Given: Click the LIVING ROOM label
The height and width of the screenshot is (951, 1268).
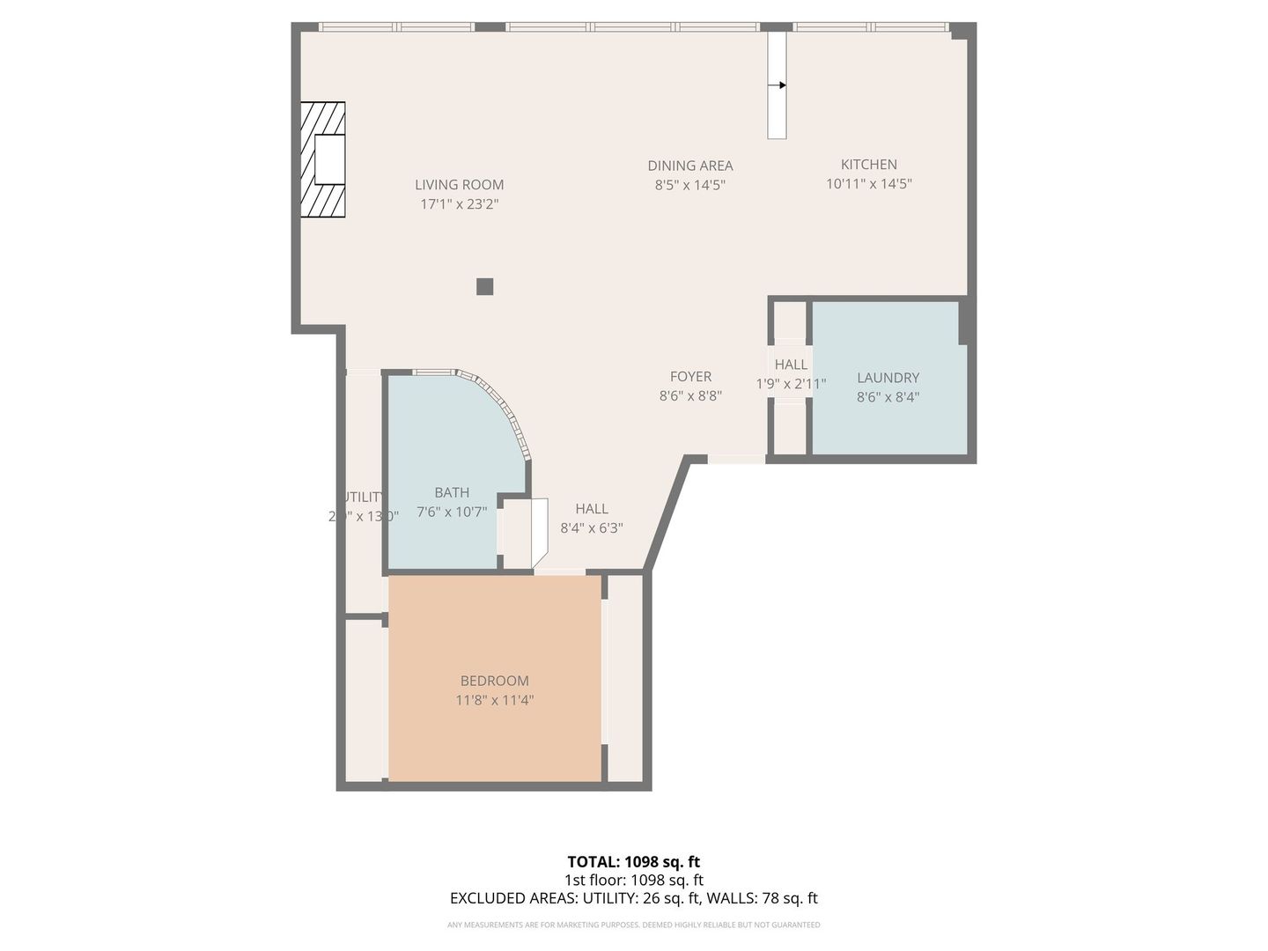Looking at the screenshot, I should point(459,185).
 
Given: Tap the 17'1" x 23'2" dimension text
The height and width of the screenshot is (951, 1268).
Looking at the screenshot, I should point(459,204).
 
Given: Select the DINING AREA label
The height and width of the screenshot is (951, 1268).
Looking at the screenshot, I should point(689,166).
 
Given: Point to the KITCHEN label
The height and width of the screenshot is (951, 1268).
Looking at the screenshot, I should point(868,165).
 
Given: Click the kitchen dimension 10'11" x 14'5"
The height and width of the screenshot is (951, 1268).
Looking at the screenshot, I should point(868,184).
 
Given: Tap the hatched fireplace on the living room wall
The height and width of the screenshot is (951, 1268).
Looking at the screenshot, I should point(322,159).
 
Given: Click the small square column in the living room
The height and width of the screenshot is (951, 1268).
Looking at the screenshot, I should point(484,286).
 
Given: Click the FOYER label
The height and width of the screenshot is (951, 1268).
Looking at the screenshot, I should point(690,377).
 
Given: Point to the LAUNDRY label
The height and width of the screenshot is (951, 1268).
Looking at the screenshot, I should point(888,378).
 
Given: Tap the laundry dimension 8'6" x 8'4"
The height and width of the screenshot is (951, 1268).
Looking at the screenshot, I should point(888,397).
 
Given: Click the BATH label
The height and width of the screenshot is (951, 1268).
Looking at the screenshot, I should point(452,493).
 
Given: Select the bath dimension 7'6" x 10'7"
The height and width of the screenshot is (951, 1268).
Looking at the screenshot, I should point(452,512).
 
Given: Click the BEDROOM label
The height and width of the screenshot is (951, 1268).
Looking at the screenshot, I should point(494,681).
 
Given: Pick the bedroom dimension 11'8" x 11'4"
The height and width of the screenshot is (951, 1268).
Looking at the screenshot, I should point(494,701).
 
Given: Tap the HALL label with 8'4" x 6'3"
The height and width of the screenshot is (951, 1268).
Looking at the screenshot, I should point(592,509).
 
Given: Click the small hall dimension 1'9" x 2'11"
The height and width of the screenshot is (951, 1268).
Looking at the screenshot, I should point(791,384).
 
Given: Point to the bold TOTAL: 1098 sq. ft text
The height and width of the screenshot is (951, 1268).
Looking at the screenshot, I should point(633,862).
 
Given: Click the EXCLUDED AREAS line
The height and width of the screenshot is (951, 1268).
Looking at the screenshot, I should point(633,898).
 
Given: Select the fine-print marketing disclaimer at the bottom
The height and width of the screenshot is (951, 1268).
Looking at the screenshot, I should point(633,925).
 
